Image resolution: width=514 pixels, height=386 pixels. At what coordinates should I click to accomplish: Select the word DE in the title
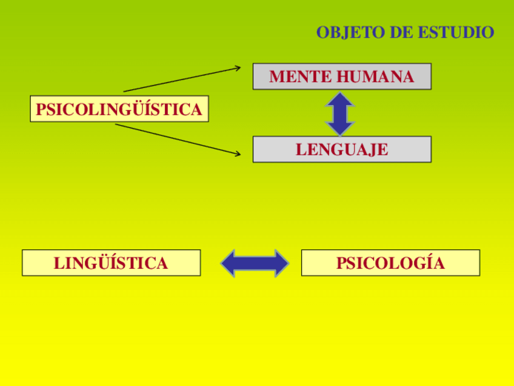(x=400, y=32)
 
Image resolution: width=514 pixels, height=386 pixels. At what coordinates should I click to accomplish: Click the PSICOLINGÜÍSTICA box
(x=119, y=109)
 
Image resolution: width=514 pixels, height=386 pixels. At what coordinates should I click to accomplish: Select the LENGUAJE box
(x=342, y=149)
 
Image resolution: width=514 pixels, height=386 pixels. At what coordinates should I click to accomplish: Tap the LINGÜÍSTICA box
(x=111, y=263)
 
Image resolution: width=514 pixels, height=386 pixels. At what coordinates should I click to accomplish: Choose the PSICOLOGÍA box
(x=390, y=263)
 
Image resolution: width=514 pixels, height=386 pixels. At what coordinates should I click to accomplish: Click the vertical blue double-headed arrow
(x=341, y=113)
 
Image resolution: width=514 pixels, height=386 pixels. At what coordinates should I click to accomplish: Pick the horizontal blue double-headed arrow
(x=255, y=263)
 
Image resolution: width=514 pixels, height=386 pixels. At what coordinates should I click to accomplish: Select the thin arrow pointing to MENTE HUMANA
(x=182, y=79)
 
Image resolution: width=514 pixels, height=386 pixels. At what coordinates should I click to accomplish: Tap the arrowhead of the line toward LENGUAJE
(x=238, y=154)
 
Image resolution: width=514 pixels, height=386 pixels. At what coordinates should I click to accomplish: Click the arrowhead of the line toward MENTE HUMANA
(x=238, y=67)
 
